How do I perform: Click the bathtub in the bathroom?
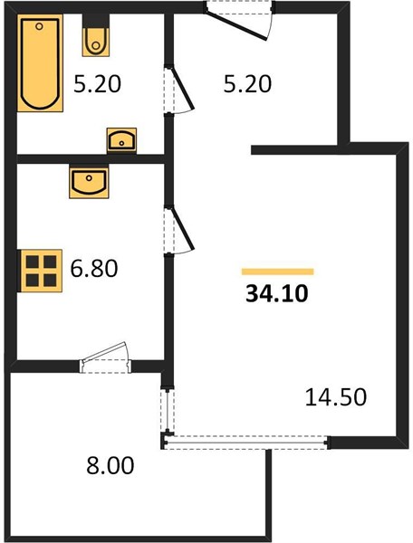(x=40, y=63)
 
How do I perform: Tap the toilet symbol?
(x=96, y=42)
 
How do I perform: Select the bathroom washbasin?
(x=121, y=140)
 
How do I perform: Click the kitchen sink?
(x=89, y=182)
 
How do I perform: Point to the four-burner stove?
(x=42, y=271)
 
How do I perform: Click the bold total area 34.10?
(x=277, y=294)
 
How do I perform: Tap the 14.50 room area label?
(x=336, y=397)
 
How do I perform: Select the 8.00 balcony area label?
(x=110, y=465)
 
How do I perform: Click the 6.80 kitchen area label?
(x=94, y=269)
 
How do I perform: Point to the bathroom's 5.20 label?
(x=97, y=84)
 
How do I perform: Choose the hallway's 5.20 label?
(x=247, y=84)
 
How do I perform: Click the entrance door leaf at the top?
(x=236, y=25)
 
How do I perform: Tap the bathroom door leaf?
(x=182, y=87)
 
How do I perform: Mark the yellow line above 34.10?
(x=277, y=271)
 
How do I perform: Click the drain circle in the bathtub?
(x=39, y=26)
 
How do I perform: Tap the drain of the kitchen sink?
(x=89, y=178)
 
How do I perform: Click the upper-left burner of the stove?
(x=33, y=262)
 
